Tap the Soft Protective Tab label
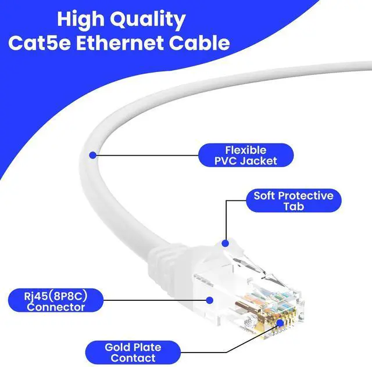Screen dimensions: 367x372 coord(293,201)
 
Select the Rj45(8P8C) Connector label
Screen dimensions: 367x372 coord(56,301)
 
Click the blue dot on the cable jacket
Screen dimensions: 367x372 coord(92,154)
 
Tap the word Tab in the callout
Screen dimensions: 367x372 coord(293,207)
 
